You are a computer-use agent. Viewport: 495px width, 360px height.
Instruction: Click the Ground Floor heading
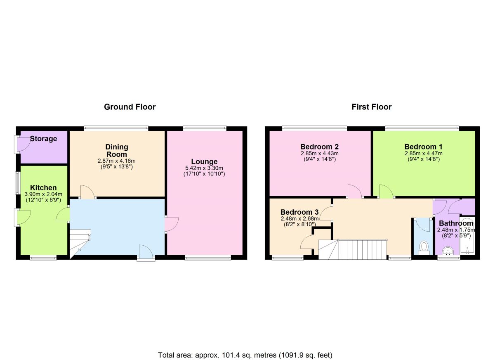pyautogui.click(x=130, y=107)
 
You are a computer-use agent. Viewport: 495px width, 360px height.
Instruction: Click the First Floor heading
pyautogui.click(x=371, y=107)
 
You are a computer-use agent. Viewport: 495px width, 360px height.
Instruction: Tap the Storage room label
pyautogui.click(x=43, y=139)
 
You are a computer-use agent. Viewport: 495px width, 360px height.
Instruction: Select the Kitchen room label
pyautogui.click(x=43, y=188)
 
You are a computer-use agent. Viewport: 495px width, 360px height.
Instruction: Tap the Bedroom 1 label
pyautogui.click(x=420, y=147)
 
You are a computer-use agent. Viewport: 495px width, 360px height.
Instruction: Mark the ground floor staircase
pyautogui.click(x=79, y=244)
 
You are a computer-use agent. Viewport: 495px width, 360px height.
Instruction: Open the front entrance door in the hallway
pyautogui.click(x=146, y=253)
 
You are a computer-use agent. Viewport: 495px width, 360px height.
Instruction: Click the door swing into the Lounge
pyautogui.click(x=172, y=225)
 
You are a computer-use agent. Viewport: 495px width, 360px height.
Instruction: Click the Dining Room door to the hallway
pyautogui.click(x=87, y=192)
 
